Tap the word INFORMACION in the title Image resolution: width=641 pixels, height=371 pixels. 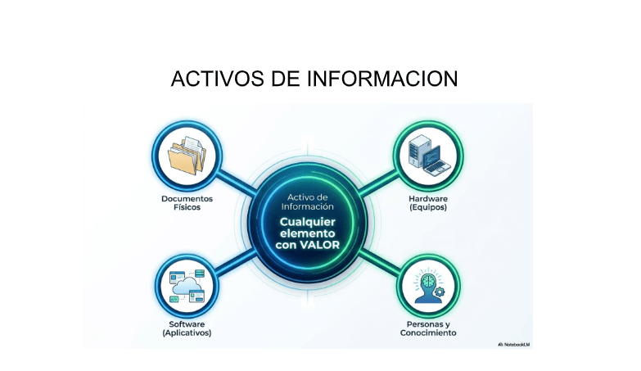(382, 79)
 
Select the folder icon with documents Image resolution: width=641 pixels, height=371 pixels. (187, 155)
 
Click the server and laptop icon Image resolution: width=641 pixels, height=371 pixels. (429, 155)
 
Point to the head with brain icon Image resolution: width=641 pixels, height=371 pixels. (428, 286)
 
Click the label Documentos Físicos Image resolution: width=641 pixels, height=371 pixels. (187, 203)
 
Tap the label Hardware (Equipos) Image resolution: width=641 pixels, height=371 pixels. (428, 203)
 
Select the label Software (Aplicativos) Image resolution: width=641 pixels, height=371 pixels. (187, 328)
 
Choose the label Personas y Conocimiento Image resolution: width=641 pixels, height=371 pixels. (428, 328)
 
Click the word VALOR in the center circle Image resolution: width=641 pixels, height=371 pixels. (320, 245)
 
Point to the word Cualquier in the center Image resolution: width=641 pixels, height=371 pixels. (308, 222)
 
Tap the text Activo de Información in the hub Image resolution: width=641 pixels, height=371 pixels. (308, 201)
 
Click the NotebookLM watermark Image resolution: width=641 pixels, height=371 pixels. (514, 345)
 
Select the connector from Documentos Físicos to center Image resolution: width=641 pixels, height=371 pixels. (236, 183)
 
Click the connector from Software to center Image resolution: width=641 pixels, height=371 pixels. (236, 261)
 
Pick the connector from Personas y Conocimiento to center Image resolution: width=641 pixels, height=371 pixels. (379, 261)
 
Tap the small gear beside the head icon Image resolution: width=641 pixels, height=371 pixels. (440, 292)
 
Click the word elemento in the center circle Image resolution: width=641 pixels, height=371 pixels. (308, 233)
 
